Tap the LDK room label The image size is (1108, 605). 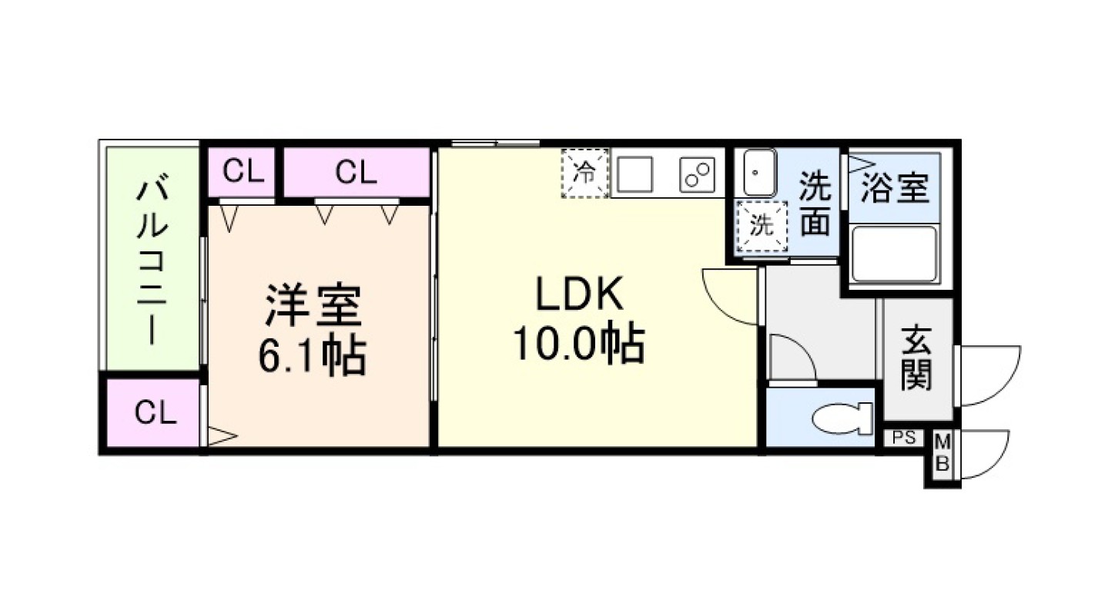click(x=578, y=294)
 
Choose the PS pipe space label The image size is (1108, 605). click(x=904, y=439)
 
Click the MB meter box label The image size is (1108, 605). click(x=942, y=455)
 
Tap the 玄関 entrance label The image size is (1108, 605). click(x=917, y=358)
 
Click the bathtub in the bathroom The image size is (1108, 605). click(x=895, y=254)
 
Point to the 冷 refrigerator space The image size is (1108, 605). click(x=585, y=173)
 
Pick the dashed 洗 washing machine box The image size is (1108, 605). click(x=762, y=226)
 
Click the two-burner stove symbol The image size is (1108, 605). click(x=697, y=174)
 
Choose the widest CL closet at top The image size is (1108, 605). click(x=356, y=173)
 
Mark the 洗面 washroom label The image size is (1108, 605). click(x=815, y=204)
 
